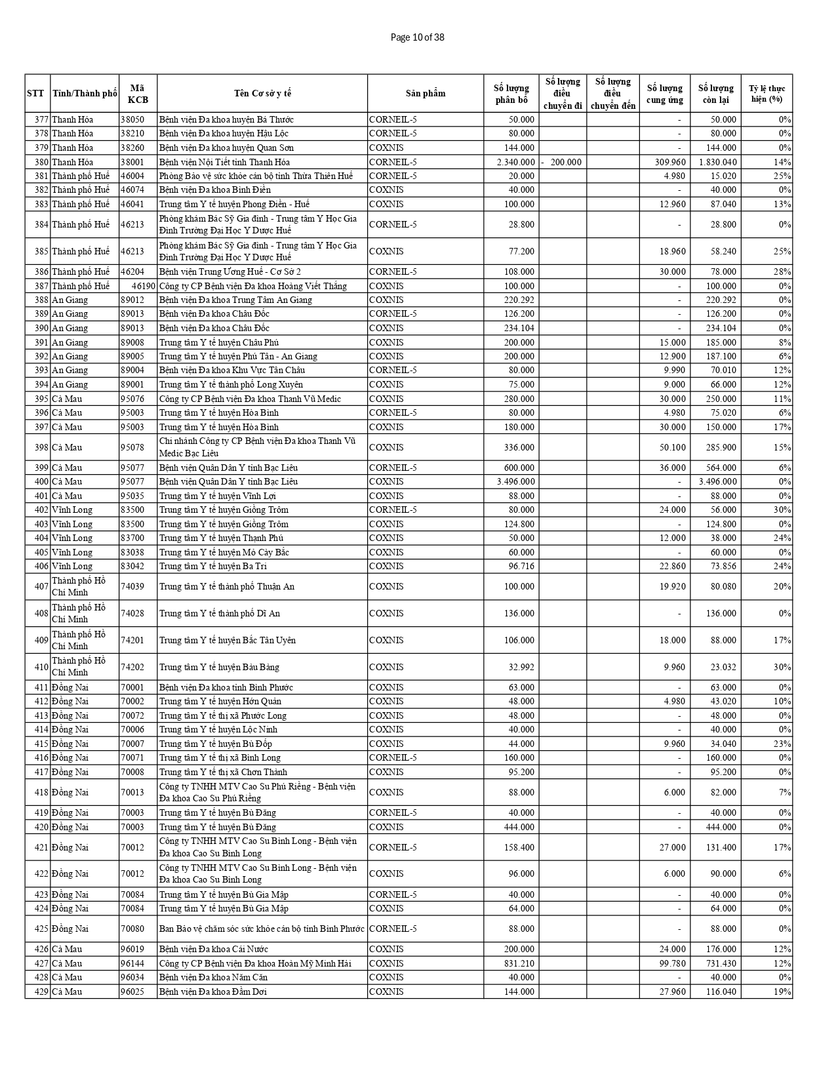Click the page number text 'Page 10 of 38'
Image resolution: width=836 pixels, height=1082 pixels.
pos(417,37)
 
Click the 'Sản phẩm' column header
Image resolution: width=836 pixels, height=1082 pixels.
pos(425,93)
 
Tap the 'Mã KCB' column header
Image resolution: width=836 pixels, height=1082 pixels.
pos(138,93)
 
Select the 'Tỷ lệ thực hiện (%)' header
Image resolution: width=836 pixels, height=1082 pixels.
pos(766,93)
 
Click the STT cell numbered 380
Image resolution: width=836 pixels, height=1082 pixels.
pos(38,162)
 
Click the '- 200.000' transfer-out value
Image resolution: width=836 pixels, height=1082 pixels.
pos(562,162)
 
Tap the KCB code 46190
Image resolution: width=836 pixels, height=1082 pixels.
pos(143,286)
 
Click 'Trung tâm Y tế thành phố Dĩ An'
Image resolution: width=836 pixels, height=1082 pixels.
pos(220,613)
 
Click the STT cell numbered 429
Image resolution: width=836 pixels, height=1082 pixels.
pos(38,992)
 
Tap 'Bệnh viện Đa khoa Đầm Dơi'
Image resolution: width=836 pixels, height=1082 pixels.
pos(213,992)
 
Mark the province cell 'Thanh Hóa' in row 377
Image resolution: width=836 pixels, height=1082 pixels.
pos(72,119)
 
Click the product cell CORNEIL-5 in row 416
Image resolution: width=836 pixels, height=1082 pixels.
pos(393,757)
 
